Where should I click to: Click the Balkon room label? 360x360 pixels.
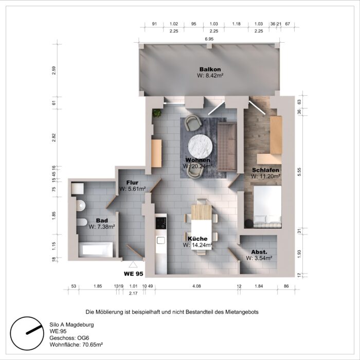(210, 69)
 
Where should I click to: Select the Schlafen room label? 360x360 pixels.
(265, 170)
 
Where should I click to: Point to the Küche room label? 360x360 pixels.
(197, 239)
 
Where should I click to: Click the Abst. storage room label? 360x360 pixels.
(259, 252)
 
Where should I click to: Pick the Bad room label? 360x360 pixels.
(101, 220)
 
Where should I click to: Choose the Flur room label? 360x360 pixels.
(132, 182)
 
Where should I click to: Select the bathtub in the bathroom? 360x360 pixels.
(98, 250)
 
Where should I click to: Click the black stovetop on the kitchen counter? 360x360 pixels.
(160, 223)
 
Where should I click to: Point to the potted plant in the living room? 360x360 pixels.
(156, 112)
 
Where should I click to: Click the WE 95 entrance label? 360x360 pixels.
(133, 273)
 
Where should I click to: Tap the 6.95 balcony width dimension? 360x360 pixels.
(209, 40)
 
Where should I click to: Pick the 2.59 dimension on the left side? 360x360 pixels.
(54, 70)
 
